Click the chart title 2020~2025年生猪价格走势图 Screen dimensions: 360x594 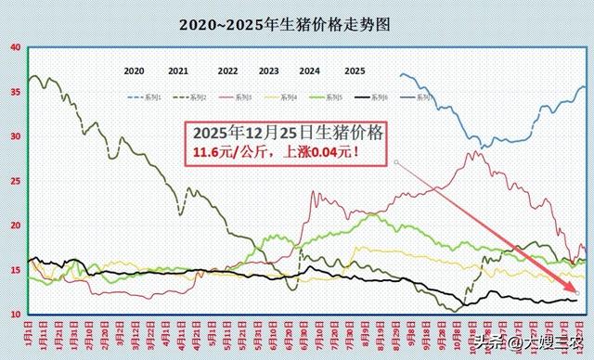click(285, 26)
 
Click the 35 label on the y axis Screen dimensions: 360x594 click(14, 92)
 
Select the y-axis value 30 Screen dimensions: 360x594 click(14, 136)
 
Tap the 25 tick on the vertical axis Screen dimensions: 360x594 click(14, 181)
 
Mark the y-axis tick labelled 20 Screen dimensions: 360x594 click(14, 225)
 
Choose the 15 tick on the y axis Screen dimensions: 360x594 click(14, 270)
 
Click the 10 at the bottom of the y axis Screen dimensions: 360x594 click(14, 315)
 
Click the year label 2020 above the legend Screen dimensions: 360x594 click(134, 71)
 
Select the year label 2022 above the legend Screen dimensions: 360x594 click(228, 71)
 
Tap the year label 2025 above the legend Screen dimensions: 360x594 click(355, 71)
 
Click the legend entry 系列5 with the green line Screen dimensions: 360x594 click(356, 96)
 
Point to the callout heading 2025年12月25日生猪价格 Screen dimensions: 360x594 click(283, 132)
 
